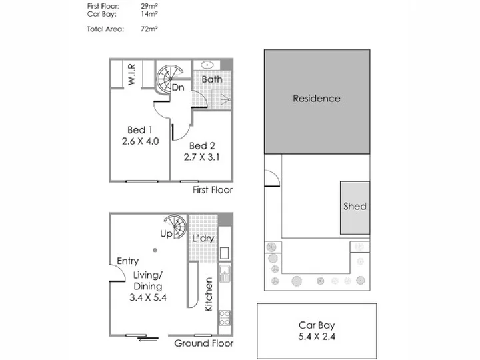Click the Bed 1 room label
pos(140,130)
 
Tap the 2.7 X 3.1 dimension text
pos(201,157)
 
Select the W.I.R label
pos(131,75)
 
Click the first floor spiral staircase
pos(169,79)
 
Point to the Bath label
pos(212,79)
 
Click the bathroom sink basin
pos(207,65)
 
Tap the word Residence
pos(317,98)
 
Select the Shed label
pos(355,206)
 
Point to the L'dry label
pos(203,238)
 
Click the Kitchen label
pos(209,294)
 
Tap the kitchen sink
pos(225,273)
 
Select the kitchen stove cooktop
pos(225,319)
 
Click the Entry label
pos(127,261)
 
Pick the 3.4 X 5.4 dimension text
pos(148,297)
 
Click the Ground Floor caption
pos(204,343)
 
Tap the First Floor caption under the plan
pos(213,190)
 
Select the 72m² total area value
pos(149,29)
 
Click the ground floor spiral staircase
pos(176,227)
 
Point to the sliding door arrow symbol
pos(148,339)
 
